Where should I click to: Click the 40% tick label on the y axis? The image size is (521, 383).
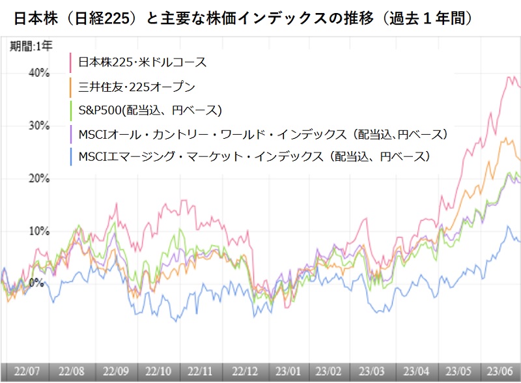tap(38, 73)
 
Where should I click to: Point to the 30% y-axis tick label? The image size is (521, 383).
tap(38, 125)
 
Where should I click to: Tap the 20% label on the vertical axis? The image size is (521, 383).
tap(38, 178)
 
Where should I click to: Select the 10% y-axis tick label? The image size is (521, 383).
tap(38, 231)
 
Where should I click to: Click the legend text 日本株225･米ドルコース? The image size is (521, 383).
tap(142, 63)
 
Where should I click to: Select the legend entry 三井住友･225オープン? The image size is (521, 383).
tap(137, 86)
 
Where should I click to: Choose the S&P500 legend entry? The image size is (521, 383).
tap(150, 109)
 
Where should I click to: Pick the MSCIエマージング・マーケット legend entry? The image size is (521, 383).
tap(254, 156)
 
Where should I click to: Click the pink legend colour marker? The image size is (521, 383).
tap(70, 63)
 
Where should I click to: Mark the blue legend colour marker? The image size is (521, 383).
tap(70, 156)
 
